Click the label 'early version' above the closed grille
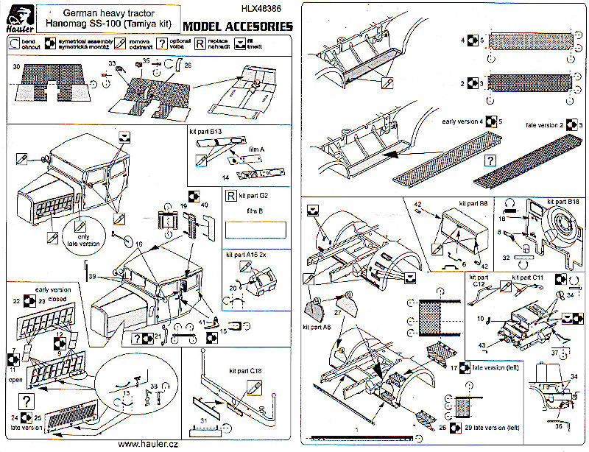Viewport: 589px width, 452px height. [46, 289]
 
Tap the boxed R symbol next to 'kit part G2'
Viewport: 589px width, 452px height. [231, 197]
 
